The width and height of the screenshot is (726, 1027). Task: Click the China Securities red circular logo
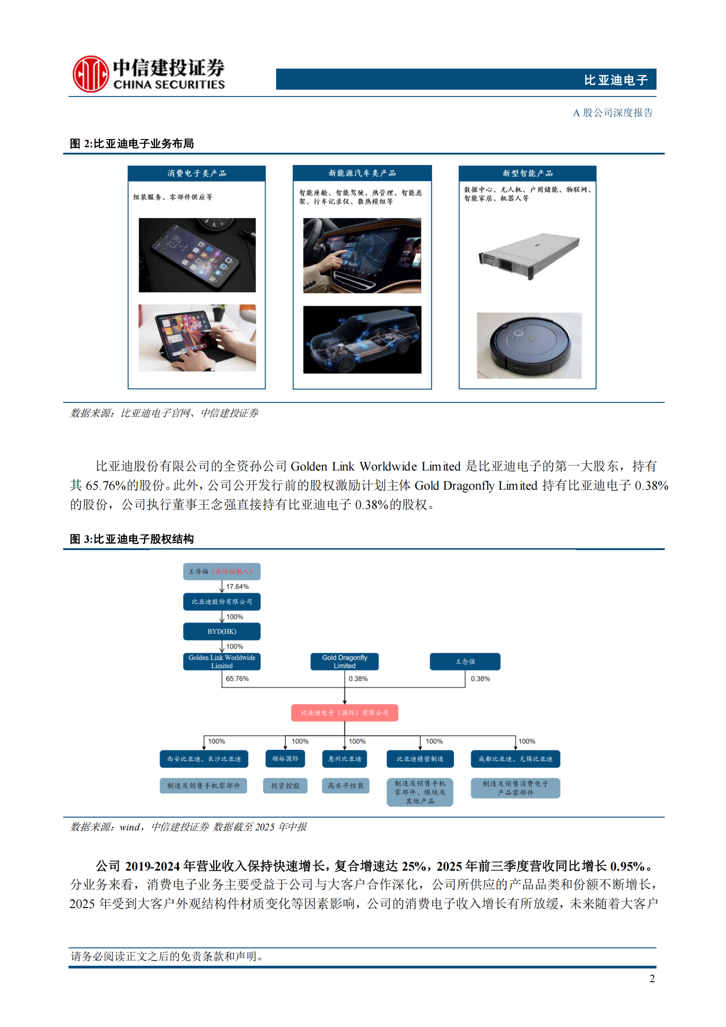pyautogui.click(x=91, y=74)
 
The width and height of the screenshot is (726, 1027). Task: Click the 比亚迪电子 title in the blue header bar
pyautogui.click(x=616, y=80)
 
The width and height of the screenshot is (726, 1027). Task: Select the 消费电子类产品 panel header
pyautogui.click(x=197, y=173)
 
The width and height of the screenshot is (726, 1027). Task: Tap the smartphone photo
pyautogui.click(x=197, y=255)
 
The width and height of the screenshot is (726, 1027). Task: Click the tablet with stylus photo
pyautogui.click(x=197, y=338)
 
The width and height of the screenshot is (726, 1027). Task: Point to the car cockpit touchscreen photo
pyautogui.click(x=362, y=256)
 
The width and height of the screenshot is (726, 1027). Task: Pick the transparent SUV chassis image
pyautogui.click(x=362, y=340)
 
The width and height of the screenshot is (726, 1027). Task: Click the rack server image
pyautogui.click(x=528, y=256)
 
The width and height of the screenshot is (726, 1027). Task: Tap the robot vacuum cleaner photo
pyautogui.click(x=529, y=346)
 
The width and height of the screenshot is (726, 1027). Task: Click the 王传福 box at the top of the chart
pyautogui.click(x=222, y=571)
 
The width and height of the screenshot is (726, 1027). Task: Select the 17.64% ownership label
pyautogui.click(x=237, y=587)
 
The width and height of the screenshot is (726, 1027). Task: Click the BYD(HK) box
pyautogui.click(x=222, y=631)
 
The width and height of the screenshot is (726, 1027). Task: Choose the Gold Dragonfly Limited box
pyautogui.click(x=344, y=662)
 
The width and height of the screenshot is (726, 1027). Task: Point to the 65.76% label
pyautogui.click(x=237, y=679)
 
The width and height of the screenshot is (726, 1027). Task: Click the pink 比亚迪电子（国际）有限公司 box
pyautogui.click(x=344, y=712)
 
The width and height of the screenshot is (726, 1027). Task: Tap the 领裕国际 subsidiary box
pyautogui.click(x=285, y=759)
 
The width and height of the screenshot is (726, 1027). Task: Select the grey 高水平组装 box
pyautogui.click(x=345, y=786)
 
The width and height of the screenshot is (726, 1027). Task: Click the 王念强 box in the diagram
pyautogui.click(x=465, y=662)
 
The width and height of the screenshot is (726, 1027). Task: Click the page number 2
pyautogui.click(x=652, y=979)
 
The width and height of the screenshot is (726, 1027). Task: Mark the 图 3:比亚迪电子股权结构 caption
pyautogui.click(x=132, y=539)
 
